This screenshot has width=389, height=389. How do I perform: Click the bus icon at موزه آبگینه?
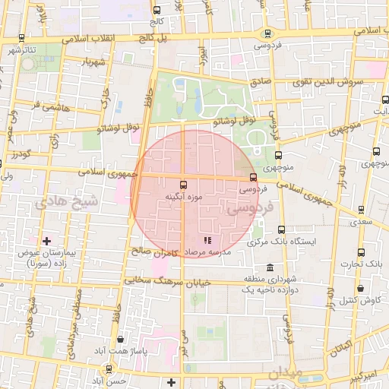point(182,185)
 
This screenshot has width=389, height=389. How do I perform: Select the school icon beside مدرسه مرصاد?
point(186,241)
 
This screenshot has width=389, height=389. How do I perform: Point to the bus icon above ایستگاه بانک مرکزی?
point(281,229)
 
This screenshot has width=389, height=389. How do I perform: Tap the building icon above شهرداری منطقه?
point(270,268)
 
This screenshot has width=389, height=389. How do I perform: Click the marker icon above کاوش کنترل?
point(360,288)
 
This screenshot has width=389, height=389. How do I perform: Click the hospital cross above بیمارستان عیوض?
point(48,241)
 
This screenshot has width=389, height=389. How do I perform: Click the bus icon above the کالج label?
point(157,11)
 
